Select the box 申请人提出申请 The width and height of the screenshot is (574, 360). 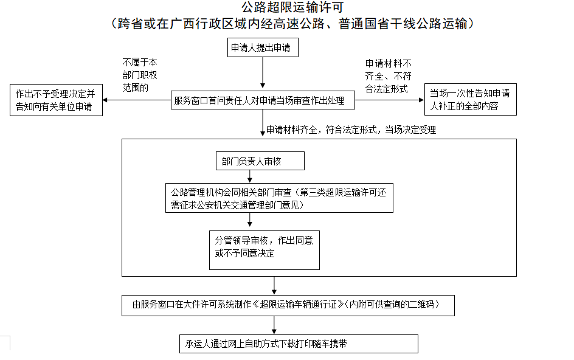coord(263,48)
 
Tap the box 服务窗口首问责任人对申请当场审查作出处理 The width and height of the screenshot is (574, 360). coord(263,100)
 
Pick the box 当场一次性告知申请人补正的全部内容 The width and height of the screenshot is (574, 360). coord(470,99)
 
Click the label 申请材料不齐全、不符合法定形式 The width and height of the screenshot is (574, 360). coord(389,76)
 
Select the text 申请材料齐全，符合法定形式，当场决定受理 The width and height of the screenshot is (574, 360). coord(351,130)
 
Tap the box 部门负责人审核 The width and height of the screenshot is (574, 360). coord(260,162)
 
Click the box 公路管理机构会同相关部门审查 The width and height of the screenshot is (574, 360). coord(279,198)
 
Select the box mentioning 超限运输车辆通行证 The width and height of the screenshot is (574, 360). coord(288,304)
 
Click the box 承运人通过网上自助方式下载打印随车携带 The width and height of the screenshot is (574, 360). coord(299,344)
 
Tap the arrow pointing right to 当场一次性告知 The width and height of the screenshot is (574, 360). coord(389,100)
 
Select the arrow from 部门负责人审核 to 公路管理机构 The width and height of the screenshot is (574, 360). coord(249,176)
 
